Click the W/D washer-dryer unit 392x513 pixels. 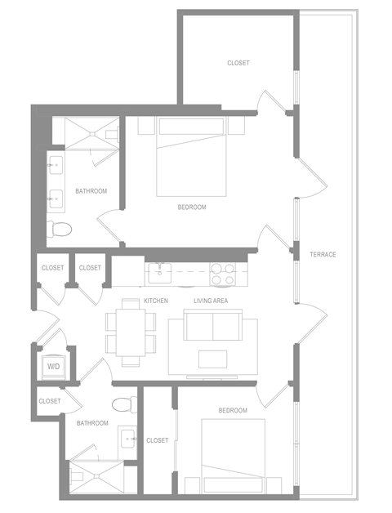point(54,367)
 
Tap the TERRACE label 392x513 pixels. point(323,255)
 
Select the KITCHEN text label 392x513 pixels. point(156,301)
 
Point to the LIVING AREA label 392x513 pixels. point(211,301)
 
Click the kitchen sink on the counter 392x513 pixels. point(159,272)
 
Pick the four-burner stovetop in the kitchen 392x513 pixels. point(222,273)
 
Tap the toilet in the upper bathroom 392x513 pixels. point(59,229)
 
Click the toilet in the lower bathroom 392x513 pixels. point(124,404)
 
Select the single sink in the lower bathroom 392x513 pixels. point(128,439)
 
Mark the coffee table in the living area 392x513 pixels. point(212,359)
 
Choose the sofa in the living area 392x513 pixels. point(212,325)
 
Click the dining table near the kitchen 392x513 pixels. point(131,332)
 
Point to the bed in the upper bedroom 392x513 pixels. point(191,157)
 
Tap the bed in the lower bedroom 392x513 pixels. point(233,456)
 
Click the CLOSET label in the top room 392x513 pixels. point(238,63)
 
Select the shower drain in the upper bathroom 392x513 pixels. point(92,133)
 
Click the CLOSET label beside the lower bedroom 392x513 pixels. point(158,440)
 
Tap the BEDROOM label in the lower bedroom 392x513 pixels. point(233,410)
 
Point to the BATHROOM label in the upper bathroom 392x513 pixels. point(91,191)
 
